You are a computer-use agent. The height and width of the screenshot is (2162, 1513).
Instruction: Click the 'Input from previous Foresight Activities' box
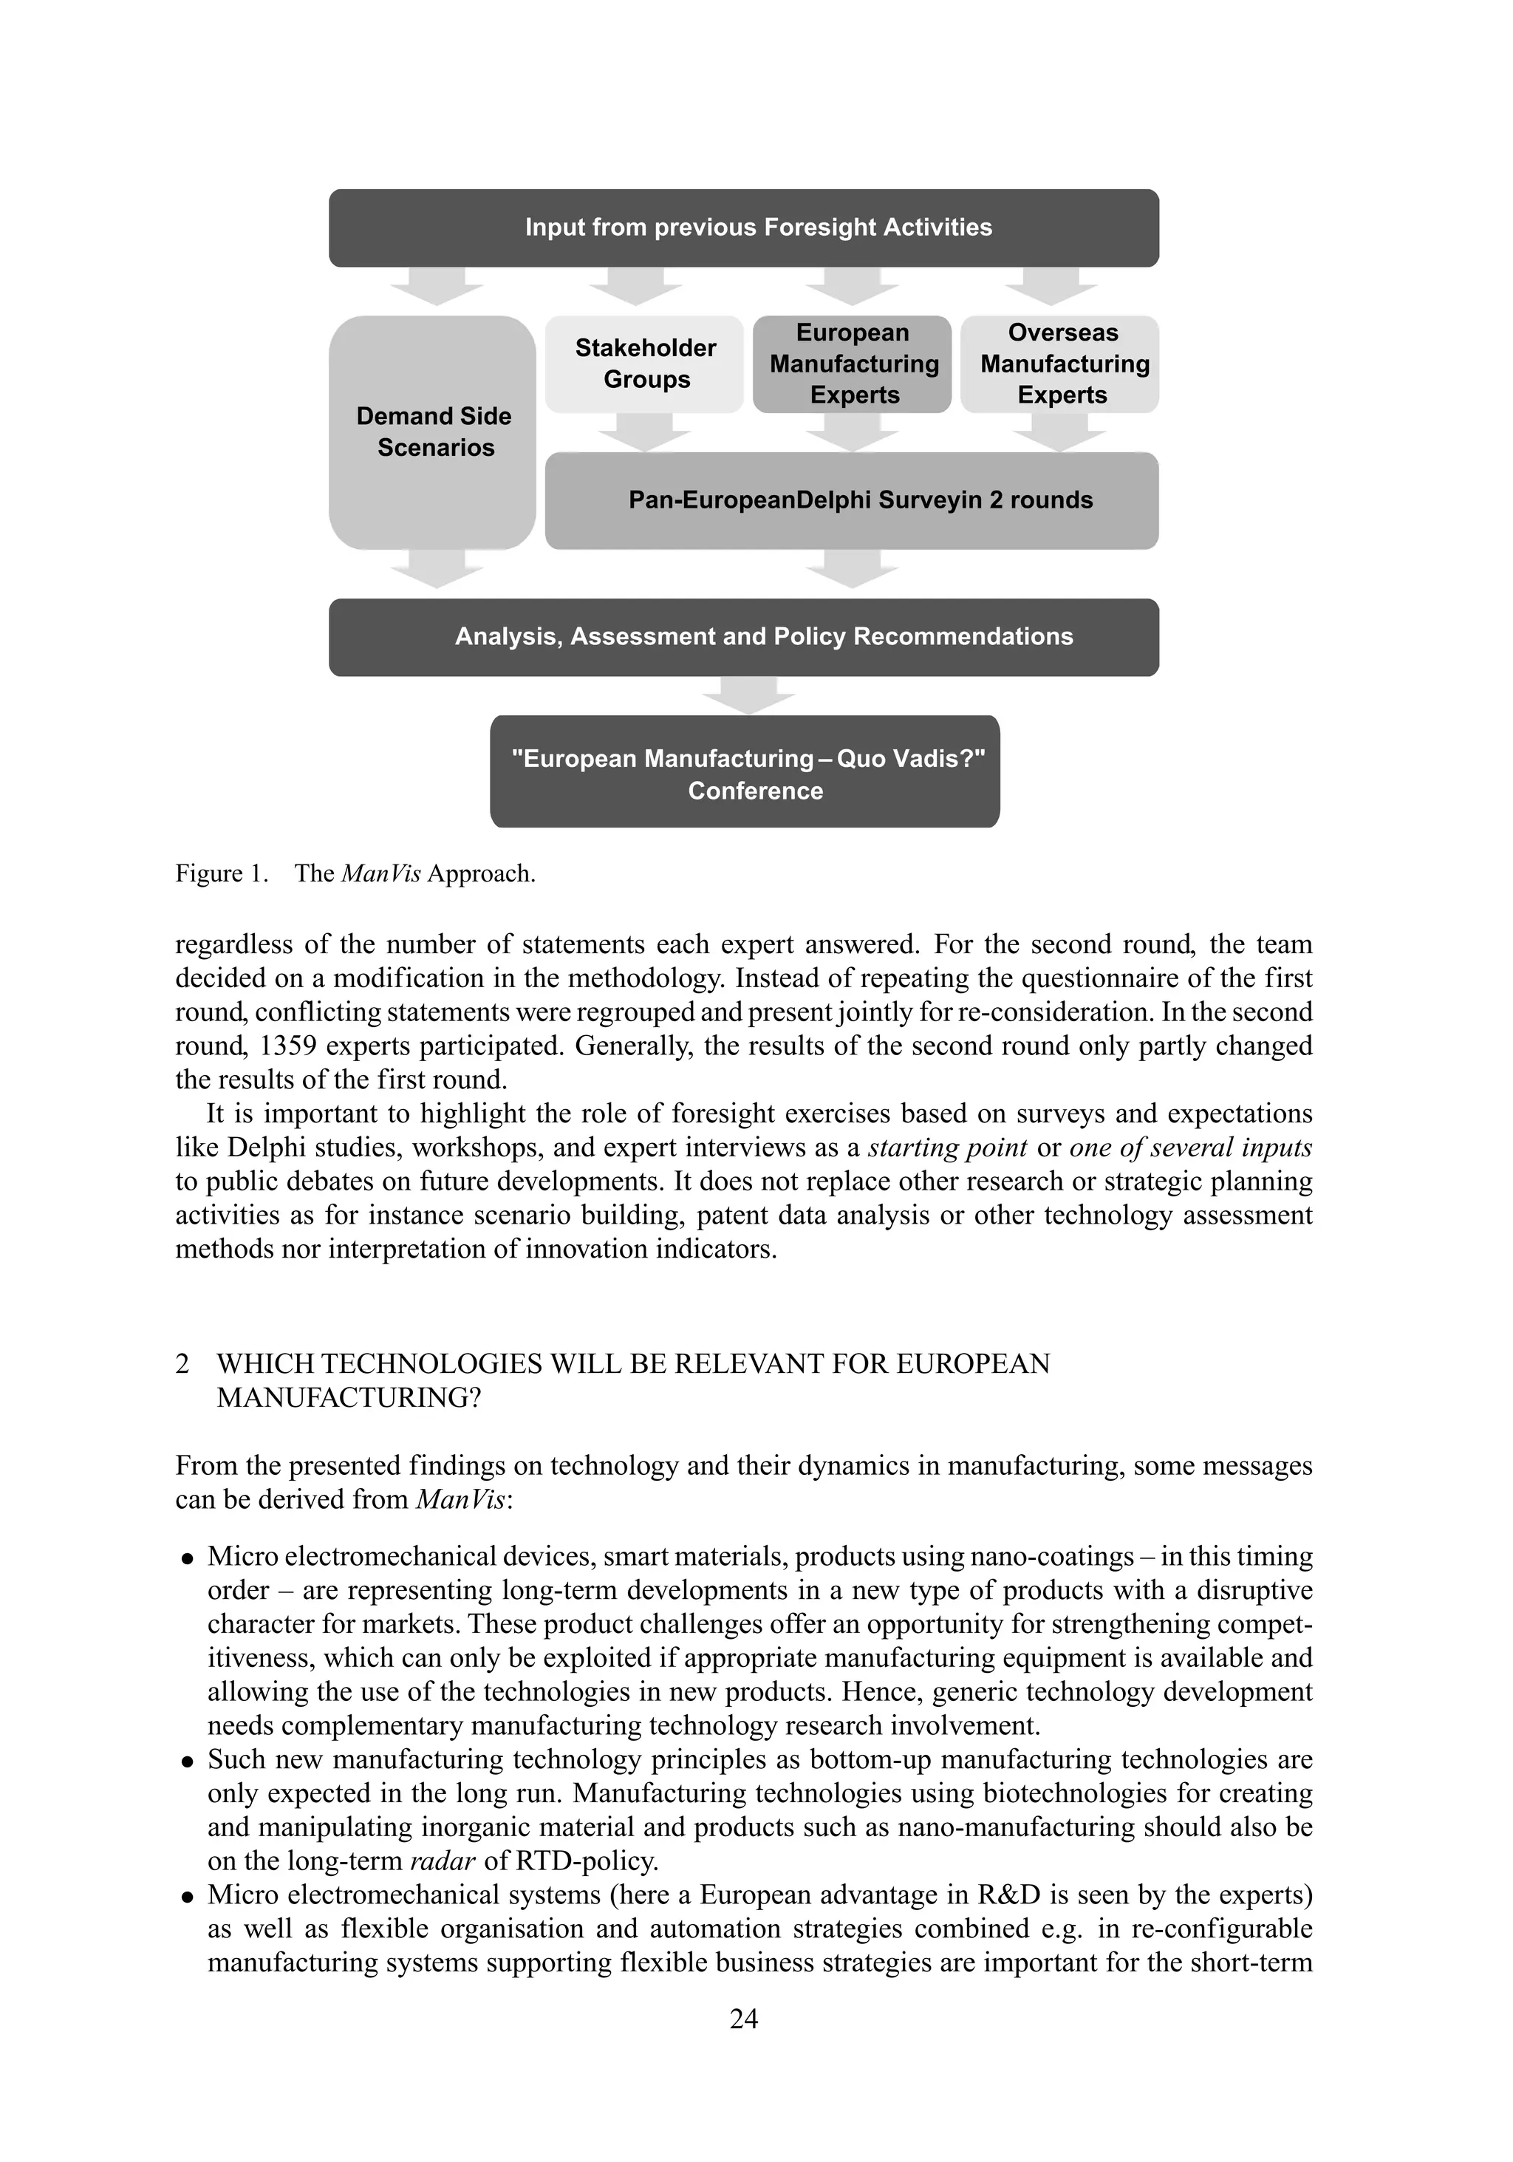[743, 228]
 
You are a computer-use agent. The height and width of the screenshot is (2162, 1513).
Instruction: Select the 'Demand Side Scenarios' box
[432, 432]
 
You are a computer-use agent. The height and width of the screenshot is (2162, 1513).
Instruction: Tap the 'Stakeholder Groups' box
[644, 364]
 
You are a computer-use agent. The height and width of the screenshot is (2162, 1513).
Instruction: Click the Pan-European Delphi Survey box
[851, 500]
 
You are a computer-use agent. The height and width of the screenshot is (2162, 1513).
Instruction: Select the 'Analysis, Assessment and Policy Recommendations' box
[743, 636]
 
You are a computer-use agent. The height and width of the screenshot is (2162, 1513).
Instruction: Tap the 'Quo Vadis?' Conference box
[744, 771]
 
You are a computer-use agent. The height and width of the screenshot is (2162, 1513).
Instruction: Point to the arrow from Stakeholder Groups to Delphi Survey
[645, 432]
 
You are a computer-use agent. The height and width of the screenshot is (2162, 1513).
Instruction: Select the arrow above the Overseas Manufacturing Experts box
[1051, 286]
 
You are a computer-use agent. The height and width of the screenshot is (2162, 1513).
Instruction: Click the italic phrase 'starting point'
[946, 1147]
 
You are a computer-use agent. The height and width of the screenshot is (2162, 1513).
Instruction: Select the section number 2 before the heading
[182, 1363]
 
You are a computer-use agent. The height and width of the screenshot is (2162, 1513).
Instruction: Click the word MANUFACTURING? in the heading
[349, 1397]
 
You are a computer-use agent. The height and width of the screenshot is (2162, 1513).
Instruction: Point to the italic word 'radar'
[443, 1861]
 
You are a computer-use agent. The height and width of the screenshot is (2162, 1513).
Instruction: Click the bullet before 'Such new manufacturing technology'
[188, 1760]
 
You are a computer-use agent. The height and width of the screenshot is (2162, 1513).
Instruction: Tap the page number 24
[743, 2018]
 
